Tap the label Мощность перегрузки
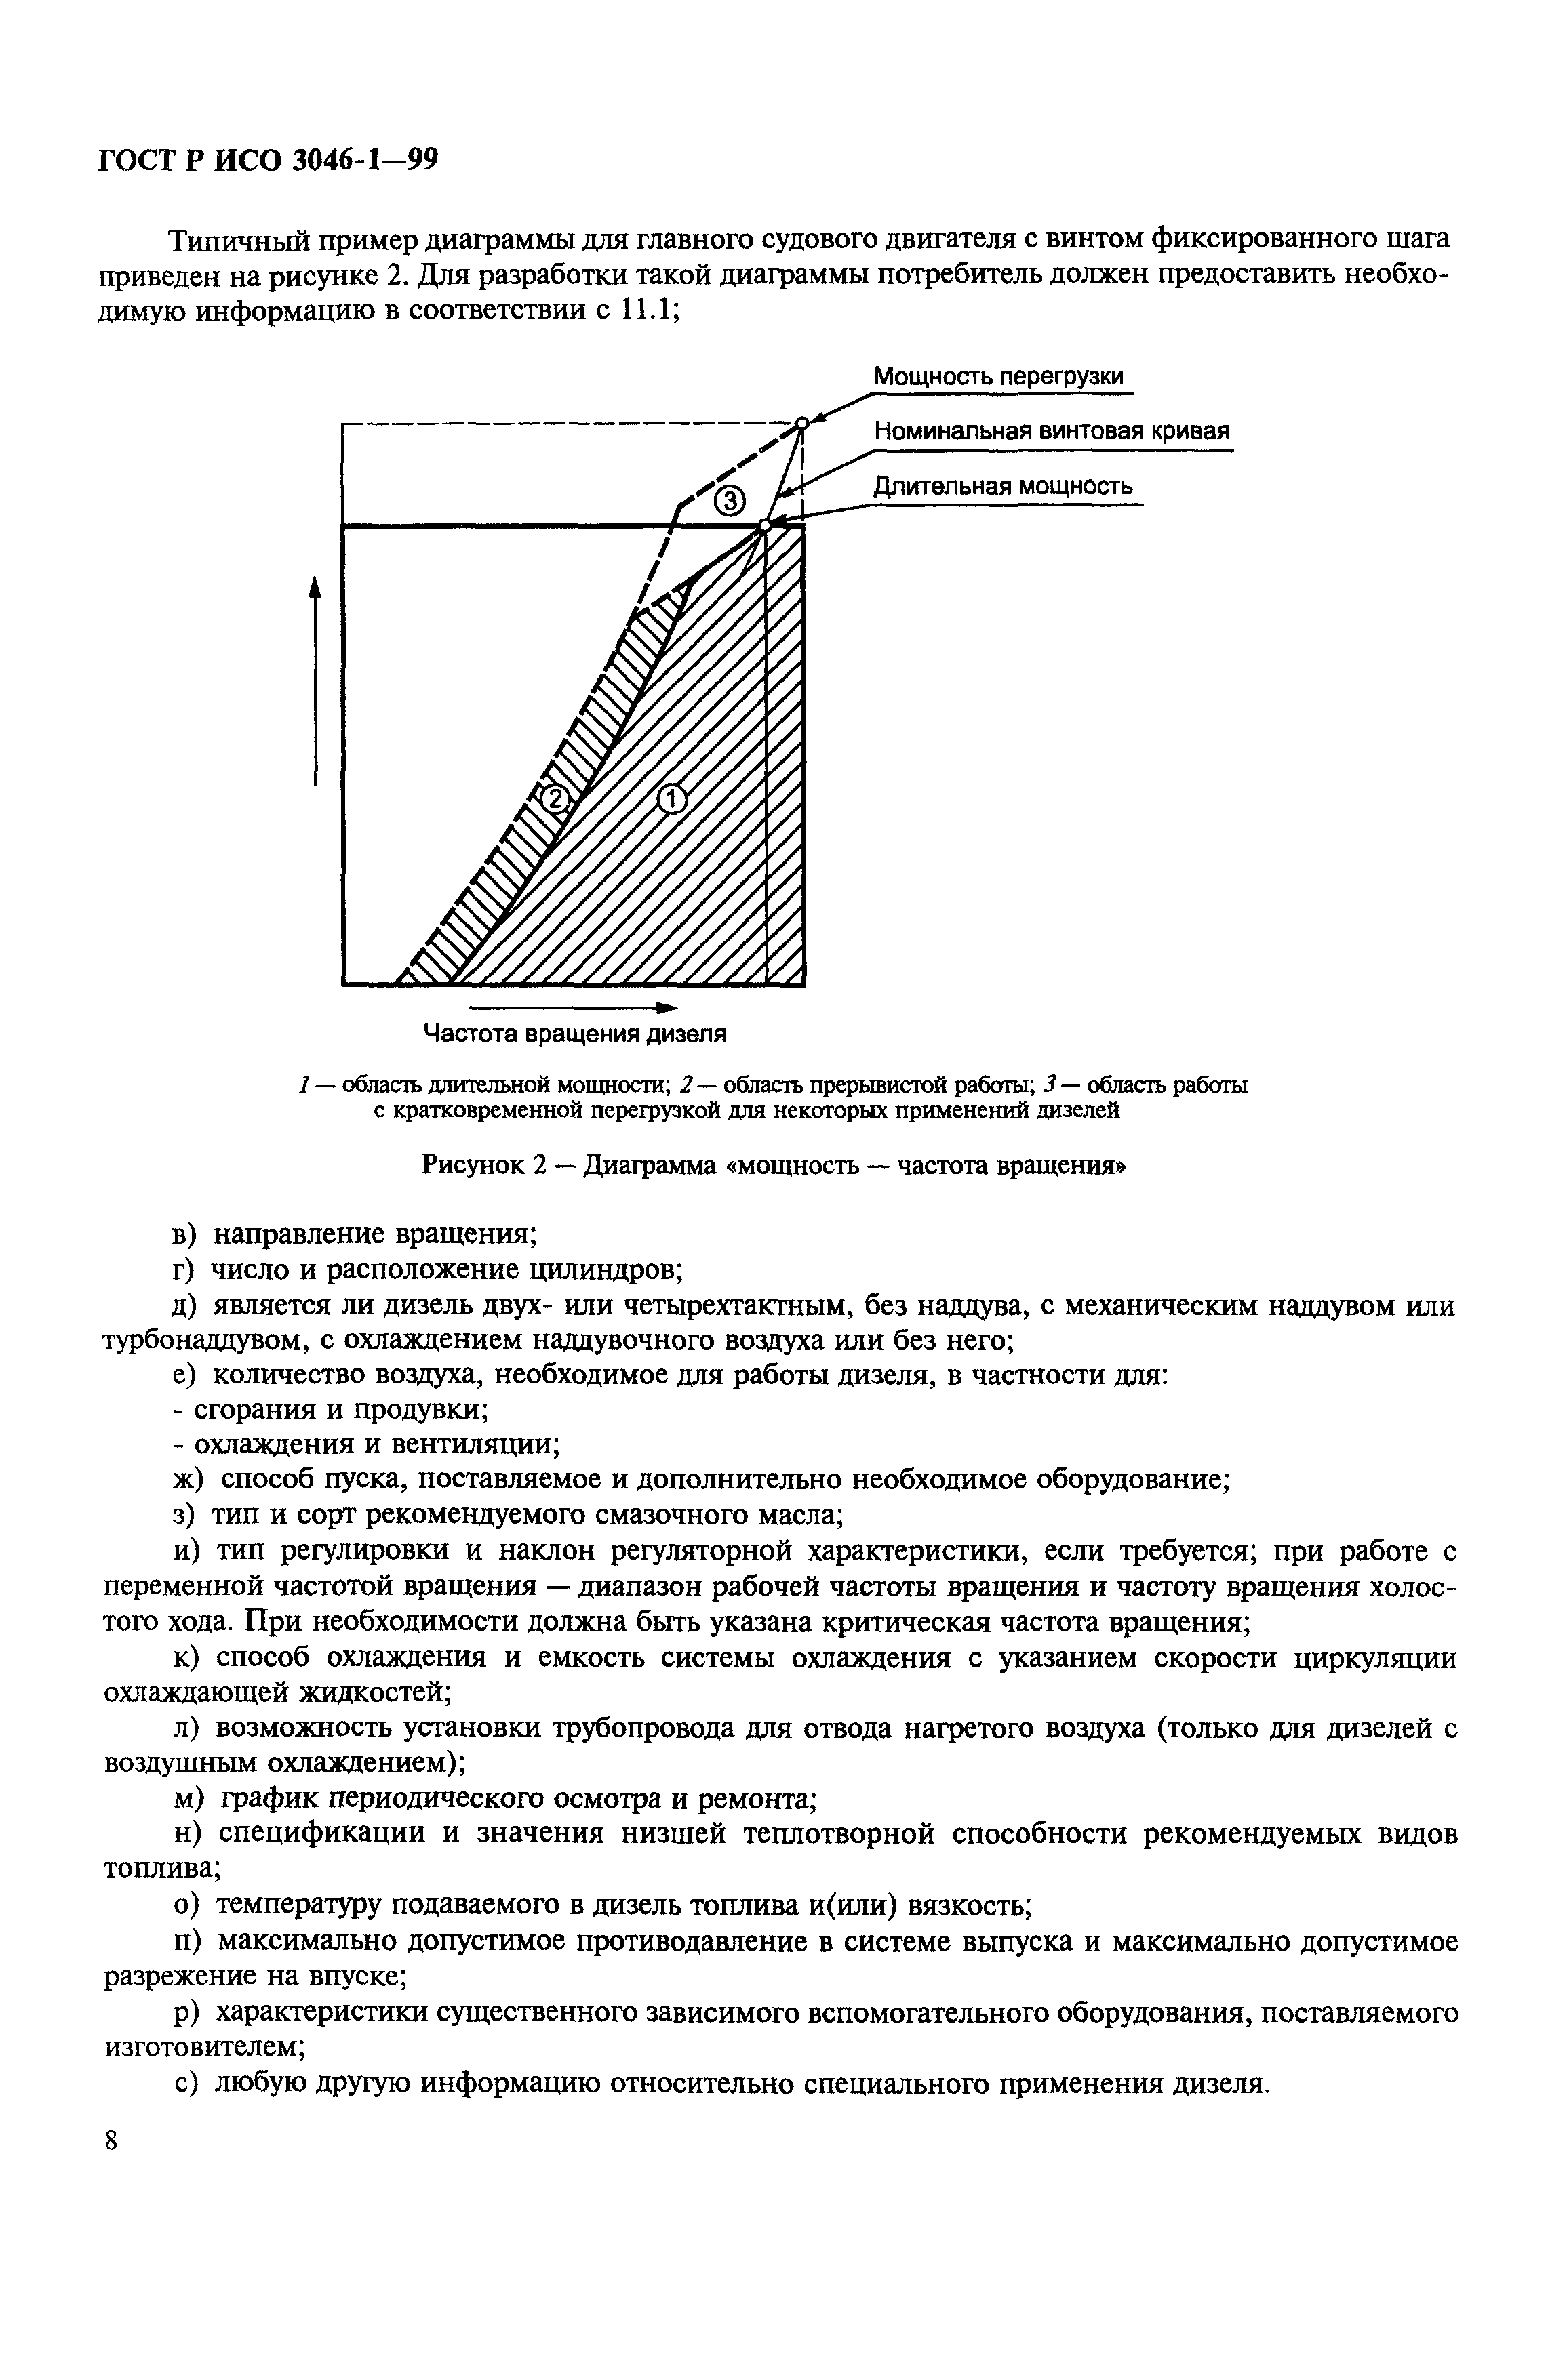(x=998, y=377)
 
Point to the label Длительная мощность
(x=1002, y=487)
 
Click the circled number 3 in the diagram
(x=727, y=502)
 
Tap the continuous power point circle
(x=765, y=525)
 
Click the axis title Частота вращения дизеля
(x=575, y=1034)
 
